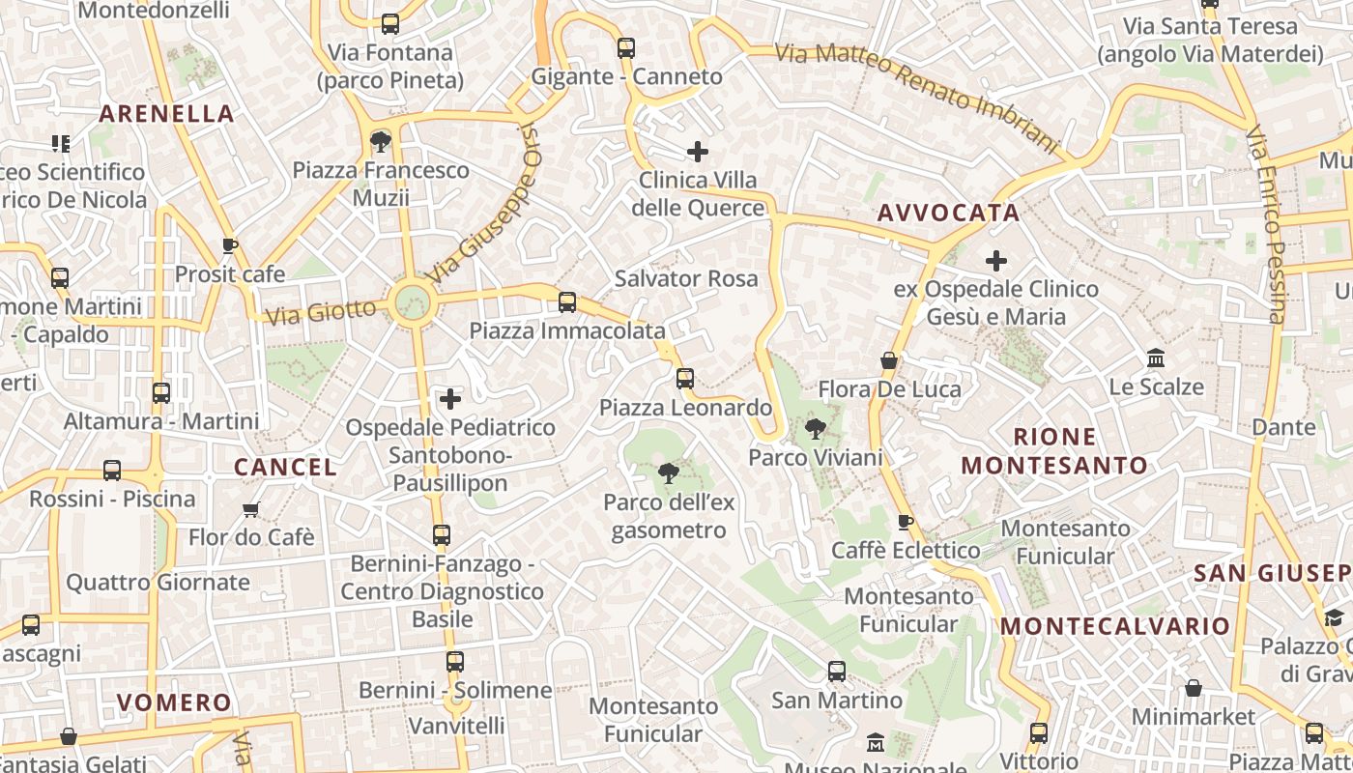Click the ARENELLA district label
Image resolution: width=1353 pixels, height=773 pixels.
pyautogui.click(x=166, y=113)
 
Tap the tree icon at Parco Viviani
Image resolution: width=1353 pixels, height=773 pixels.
pyautogui.click(x=816, y=428)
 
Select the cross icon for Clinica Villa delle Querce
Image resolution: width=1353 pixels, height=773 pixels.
pyautogui.click(x=698, y=152)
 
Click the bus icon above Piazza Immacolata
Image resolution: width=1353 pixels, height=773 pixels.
pyautogui.click(x=567, y=302)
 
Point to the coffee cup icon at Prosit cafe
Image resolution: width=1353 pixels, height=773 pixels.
pyautogui.click(x=229, y=245)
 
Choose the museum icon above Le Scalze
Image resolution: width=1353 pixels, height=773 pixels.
pyautogui.click(x=1155, y=358)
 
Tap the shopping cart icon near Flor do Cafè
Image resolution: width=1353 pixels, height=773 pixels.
pyautogui.click(x=251, y=508)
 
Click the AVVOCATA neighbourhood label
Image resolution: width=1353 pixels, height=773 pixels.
pyautogui.click(x=948, y=213)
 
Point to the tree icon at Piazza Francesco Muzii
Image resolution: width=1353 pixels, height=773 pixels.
pyautogui.click(x=381, y=142)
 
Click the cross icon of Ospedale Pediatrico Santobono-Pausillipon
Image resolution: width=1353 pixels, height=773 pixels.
pyautogui.click(x=450, y=398)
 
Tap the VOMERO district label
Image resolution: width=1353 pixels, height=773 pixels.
pyautogui.click(x=174, y=701)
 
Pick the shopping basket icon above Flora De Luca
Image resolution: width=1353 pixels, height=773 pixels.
pyautogui.click(x=889, y=361)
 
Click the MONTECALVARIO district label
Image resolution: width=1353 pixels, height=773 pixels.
pyautogui.click(x=1115, y=625)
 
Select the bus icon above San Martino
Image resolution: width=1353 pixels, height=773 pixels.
pyautogui.click(x=837, y=671)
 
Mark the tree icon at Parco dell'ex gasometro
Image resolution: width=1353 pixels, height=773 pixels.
pyautogui.click(x=667, y=472)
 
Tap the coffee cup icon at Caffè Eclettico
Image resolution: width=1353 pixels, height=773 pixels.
pyautogui.click(x=905, y=522)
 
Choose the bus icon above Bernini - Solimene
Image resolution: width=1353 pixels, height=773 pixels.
pyautogui.click(x=455, y=662)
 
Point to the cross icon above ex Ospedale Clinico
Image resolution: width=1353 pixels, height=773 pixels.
pyautogui.click(x=996, y=260)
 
